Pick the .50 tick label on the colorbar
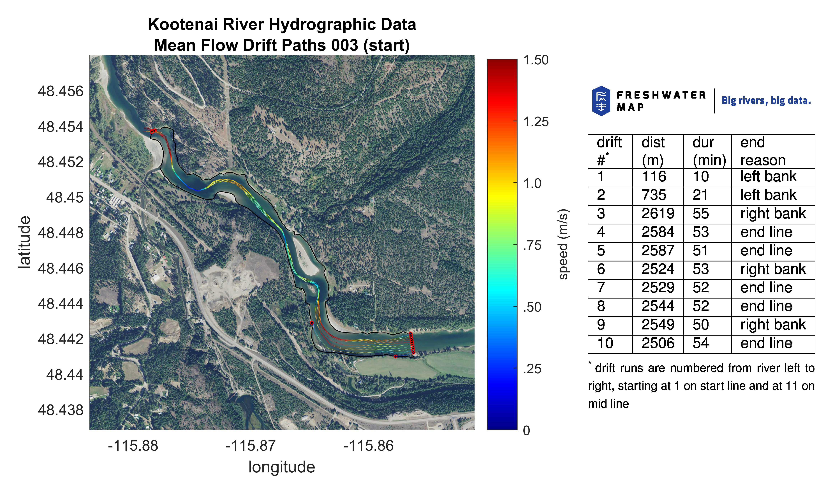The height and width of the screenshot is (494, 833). click(532, 307)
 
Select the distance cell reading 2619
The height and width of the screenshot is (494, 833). click(658, 214)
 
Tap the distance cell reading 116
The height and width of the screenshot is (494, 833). click(654, 176)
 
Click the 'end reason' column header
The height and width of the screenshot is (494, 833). click(763, 151)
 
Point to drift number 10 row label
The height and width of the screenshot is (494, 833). click(605, 343)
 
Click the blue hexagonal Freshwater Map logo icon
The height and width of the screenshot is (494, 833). click(601, 101)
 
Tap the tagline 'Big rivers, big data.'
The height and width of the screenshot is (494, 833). click(766, 100)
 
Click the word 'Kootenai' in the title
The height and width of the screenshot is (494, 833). click(183, 24)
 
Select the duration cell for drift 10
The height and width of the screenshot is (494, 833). click(701, 343)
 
